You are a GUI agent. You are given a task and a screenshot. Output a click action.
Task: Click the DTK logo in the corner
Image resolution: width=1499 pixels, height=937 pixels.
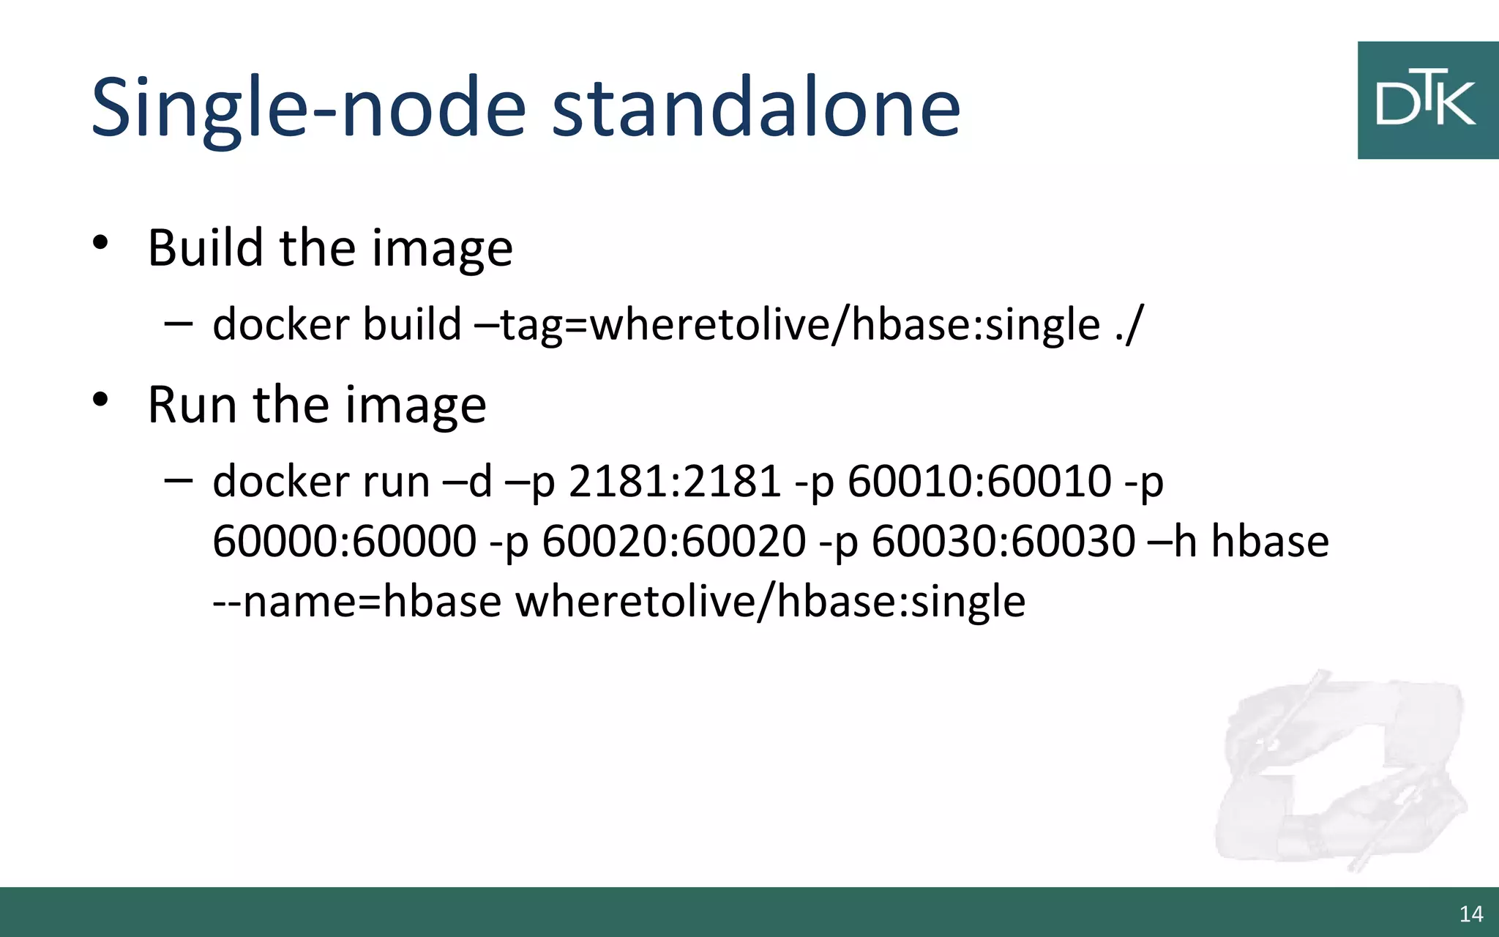point(1427,100)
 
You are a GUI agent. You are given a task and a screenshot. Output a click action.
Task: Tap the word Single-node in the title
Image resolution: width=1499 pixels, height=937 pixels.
point(308,108)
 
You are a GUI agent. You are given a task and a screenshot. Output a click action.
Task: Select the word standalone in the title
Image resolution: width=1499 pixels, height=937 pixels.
point(755,108)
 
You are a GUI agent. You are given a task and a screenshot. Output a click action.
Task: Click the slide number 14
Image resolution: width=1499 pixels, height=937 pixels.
point(1470,914)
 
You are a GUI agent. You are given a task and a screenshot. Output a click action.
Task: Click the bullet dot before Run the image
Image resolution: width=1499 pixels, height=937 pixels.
point(100,399)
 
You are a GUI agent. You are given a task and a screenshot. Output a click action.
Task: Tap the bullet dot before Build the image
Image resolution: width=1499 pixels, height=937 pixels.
point(100,242)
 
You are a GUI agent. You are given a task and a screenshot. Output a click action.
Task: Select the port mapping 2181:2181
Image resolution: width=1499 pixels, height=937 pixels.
point(674,482)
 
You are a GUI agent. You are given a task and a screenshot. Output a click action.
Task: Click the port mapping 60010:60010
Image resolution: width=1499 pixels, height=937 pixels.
point(979,482)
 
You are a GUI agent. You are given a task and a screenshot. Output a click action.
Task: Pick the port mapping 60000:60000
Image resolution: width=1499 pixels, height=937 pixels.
point(344,542)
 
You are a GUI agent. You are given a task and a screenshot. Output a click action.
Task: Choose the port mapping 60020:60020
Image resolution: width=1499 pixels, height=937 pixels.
point(673,542)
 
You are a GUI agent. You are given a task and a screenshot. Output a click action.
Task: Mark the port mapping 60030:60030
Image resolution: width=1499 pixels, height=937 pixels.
point(1003,542)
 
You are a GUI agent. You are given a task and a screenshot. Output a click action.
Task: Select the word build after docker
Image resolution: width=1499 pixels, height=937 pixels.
point(411,324)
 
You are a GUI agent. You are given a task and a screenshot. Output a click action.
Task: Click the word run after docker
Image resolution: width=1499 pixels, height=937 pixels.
point(391,482)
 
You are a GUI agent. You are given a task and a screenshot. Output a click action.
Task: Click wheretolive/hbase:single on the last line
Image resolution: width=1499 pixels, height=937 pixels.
point(770,602)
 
